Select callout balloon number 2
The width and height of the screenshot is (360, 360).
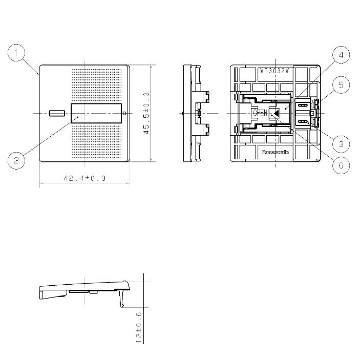click(16, 160)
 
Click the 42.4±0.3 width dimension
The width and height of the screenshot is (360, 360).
click(84, 178)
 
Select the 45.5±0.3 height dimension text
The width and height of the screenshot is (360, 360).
click(146, 113)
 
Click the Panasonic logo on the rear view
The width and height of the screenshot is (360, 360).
click(276, 153)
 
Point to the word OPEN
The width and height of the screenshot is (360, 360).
click(260, 113)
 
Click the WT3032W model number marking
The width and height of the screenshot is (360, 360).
click(276, 70)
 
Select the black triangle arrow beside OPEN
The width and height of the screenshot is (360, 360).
click(276, 113)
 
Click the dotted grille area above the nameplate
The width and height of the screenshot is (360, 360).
click(97, 84)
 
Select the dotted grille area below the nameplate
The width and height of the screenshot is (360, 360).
click(97, 141)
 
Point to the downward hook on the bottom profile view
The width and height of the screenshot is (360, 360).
click(122, 299)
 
